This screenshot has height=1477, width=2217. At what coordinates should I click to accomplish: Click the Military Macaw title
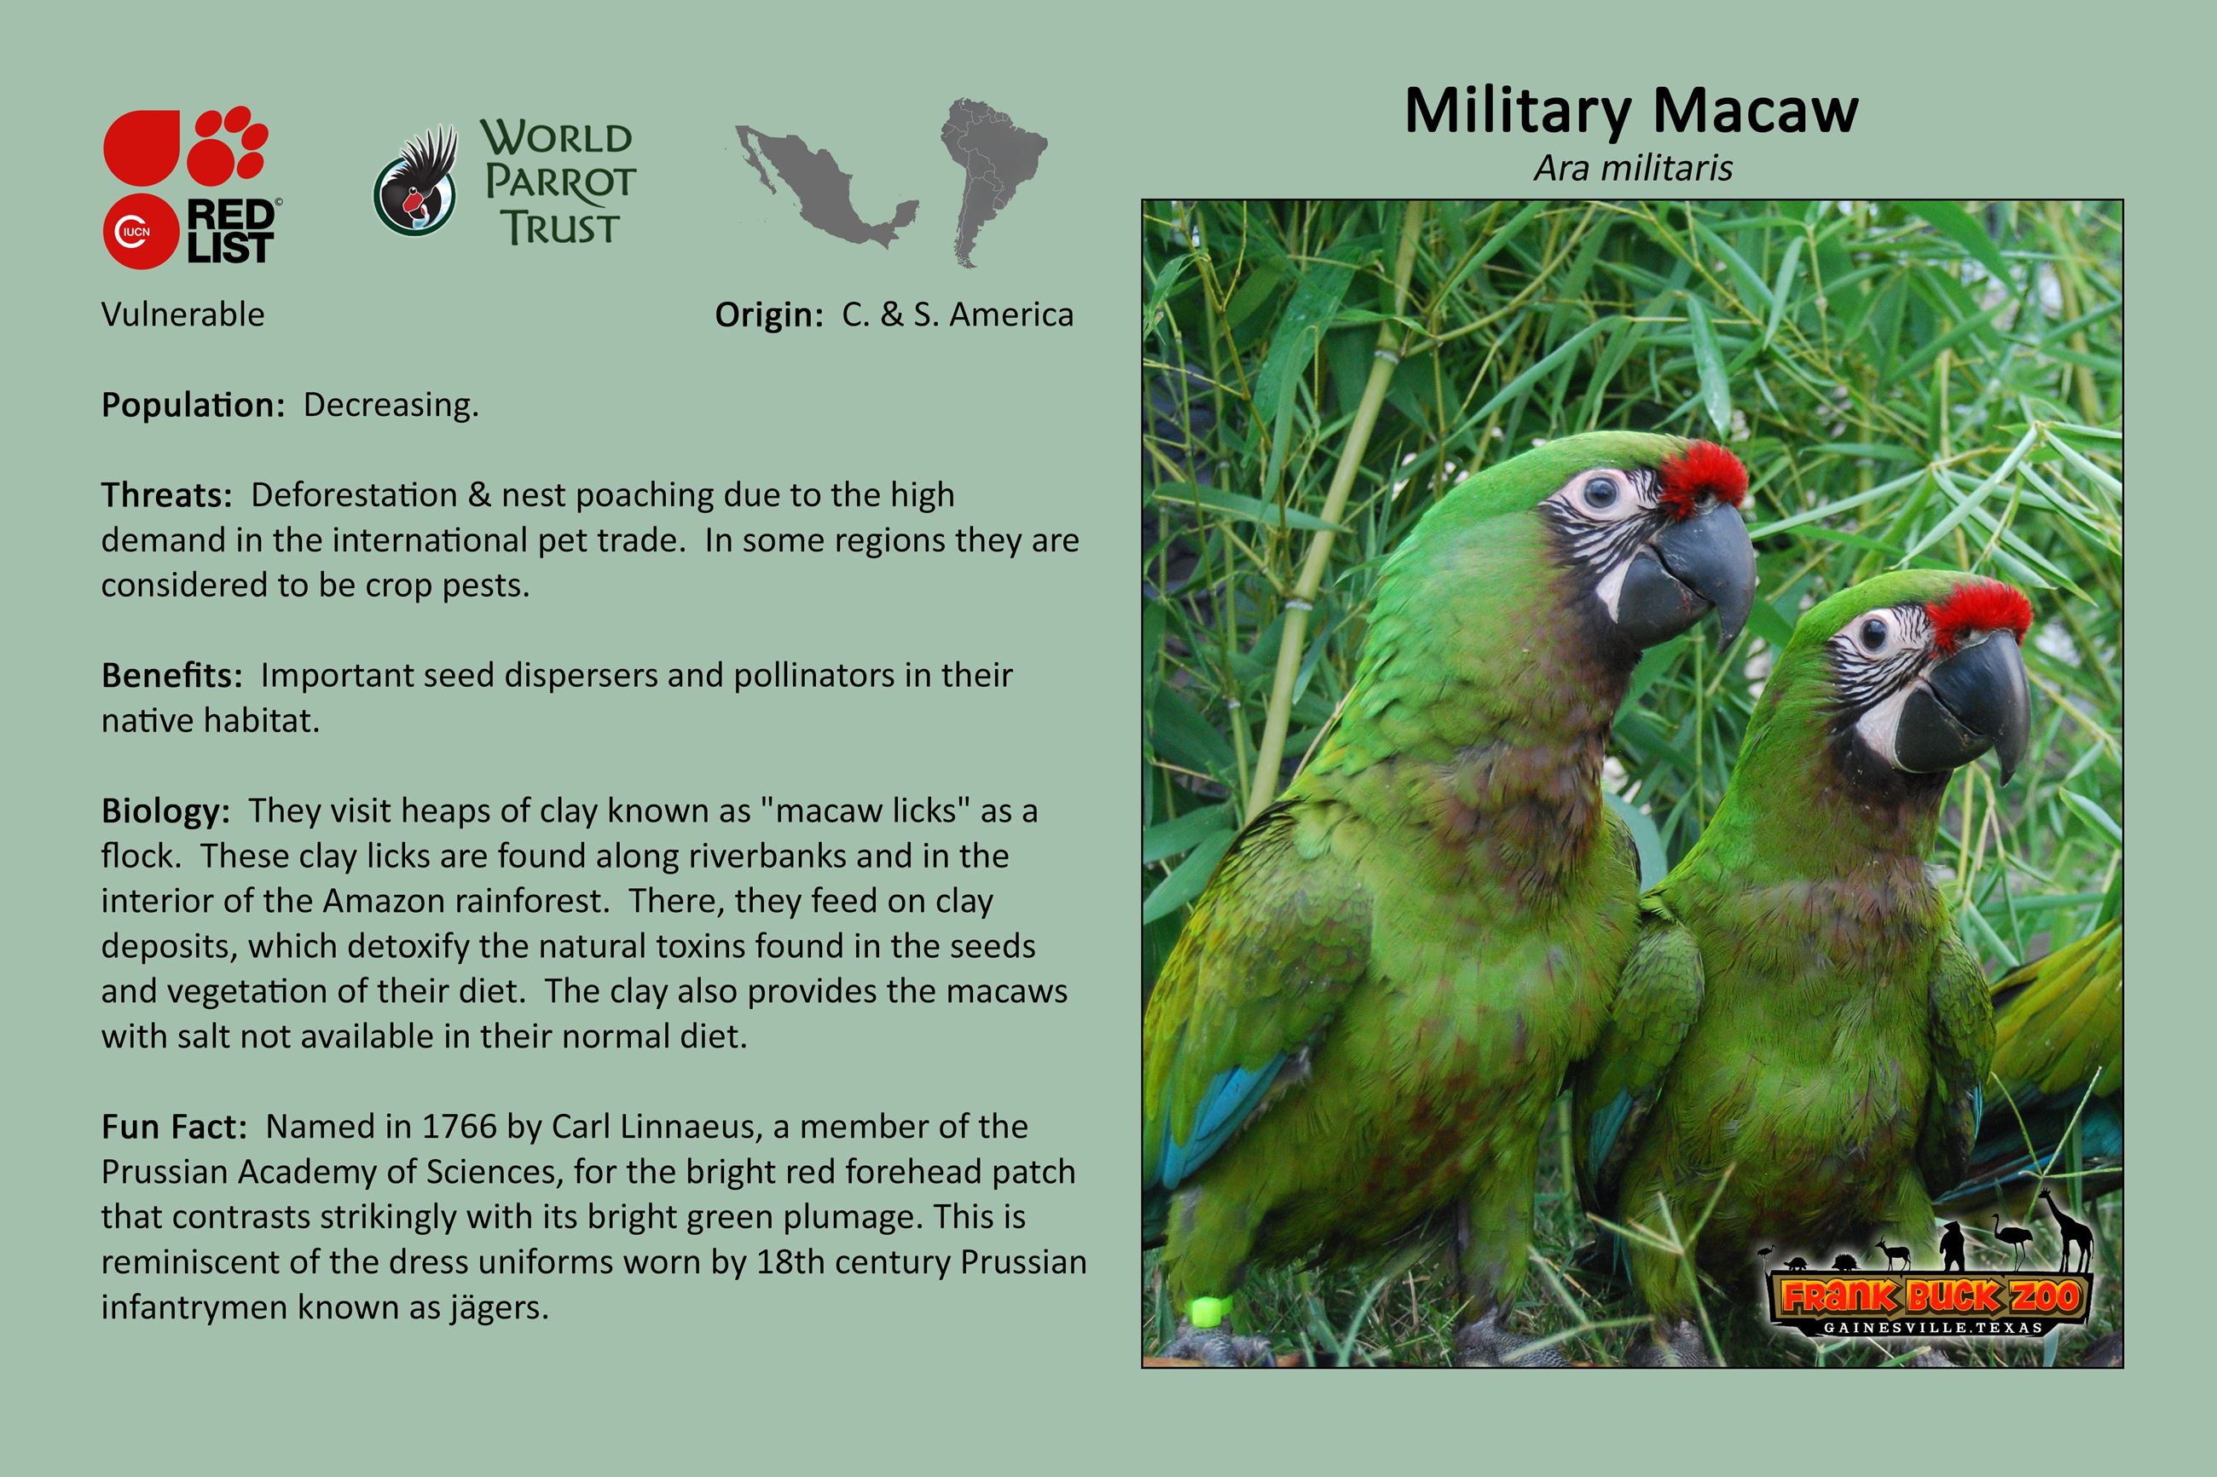click(x=1631, y=111)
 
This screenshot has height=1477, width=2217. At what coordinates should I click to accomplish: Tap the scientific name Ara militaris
click(x=1633, y=169)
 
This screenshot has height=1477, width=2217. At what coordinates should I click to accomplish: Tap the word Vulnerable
click(x=182, y=314)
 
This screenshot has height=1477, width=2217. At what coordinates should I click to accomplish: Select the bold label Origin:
click(x=769, y=315)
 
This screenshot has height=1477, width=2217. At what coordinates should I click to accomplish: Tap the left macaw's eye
click(x=1599, y=490)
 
